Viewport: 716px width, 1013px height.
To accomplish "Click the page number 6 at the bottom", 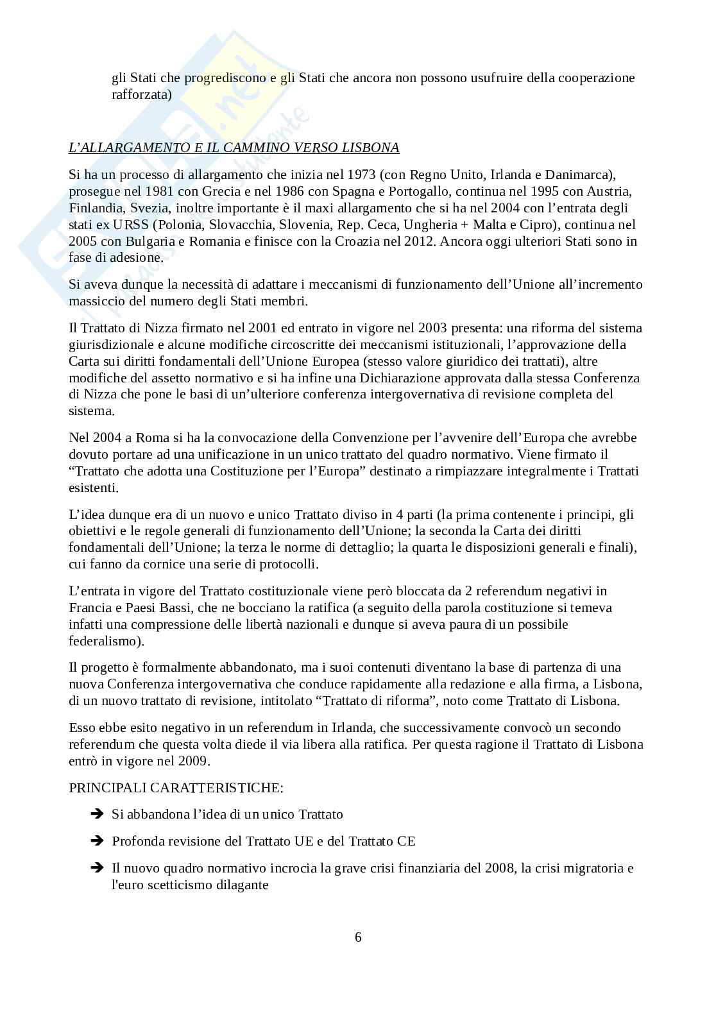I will pyautogui.click(x=358, y=937).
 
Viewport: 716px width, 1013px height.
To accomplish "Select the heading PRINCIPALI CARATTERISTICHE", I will pyautogui.click(x=176, y=787).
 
